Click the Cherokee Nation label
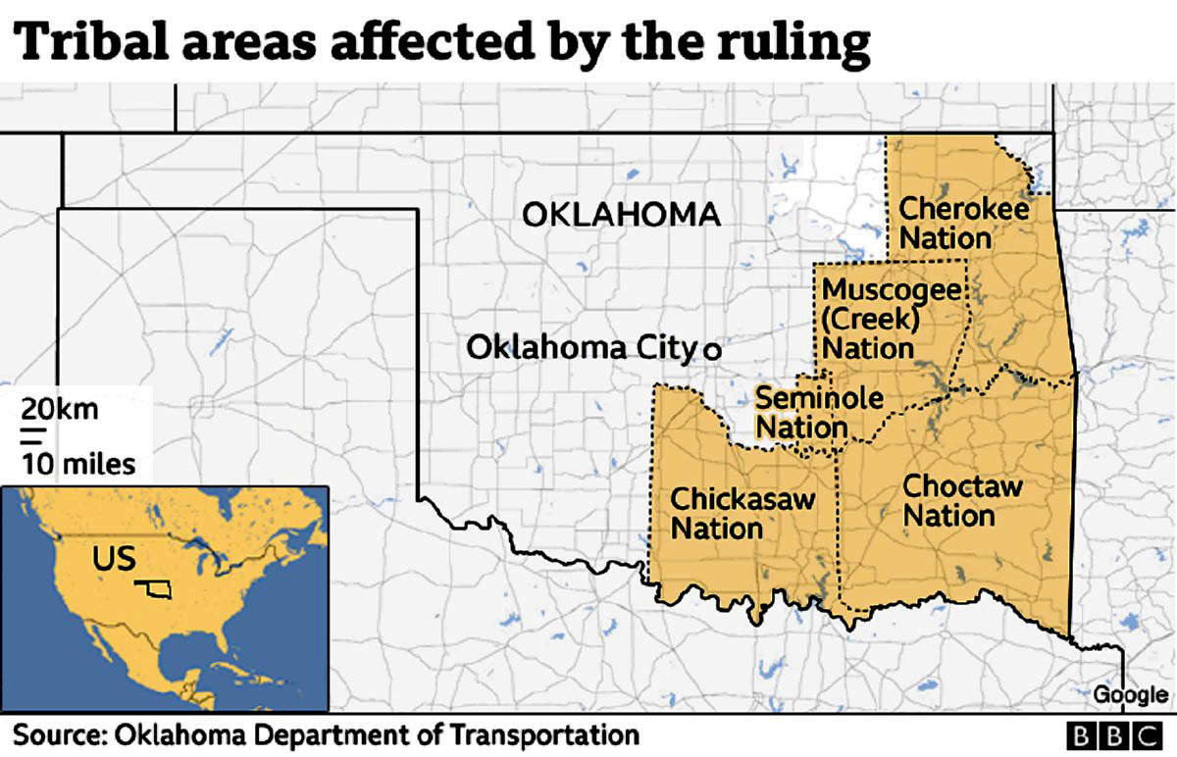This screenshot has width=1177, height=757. coord(963,224)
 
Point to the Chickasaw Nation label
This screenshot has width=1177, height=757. coord(742,513)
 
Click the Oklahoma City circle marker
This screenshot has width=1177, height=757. coord(712,349)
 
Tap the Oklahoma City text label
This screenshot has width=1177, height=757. coord(580,347)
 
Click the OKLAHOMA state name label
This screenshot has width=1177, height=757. coord(620,214)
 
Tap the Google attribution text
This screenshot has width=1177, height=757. coord(1130,695)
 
